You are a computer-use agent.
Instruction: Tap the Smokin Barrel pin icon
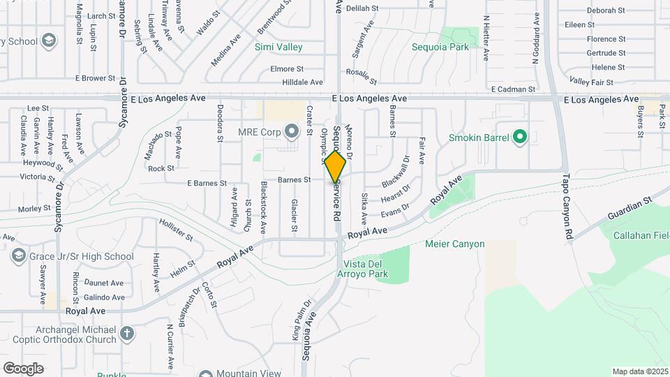point(519,138)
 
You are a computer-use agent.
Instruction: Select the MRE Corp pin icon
point(292,131)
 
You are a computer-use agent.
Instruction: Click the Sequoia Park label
point(440,47)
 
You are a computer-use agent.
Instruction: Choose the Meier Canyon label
point(454,244)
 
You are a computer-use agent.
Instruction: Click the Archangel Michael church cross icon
point(126,334)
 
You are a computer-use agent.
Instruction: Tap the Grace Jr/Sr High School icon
point(17,256)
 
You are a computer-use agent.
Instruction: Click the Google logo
point(23,368)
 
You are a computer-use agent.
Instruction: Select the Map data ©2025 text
point(641,371)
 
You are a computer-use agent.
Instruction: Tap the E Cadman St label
point(513,89)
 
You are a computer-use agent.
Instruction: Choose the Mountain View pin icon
point(206,374)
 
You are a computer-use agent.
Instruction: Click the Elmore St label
point(287,69)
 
